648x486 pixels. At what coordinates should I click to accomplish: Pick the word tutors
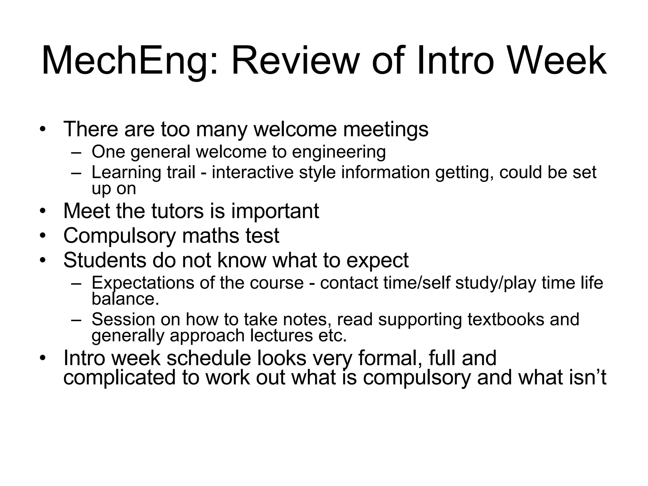click(x=178, y=211)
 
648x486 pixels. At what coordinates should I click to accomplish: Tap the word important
click(x=275, y=211)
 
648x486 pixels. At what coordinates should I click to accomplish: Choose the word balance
click(x=125, y=299)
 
